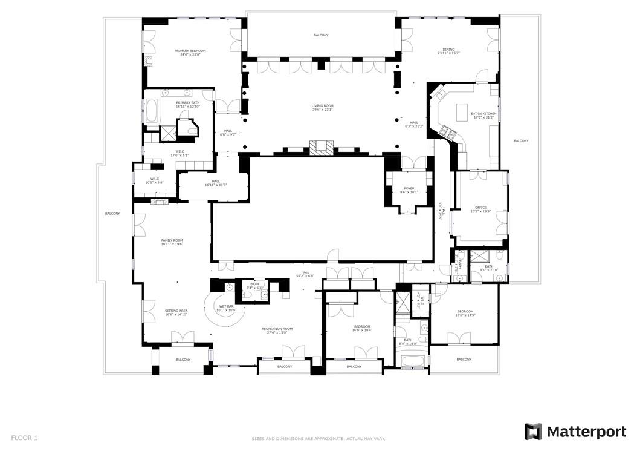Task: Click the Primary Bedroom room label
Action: (x=190, y=53)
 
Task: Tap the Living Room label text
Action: (x=322, y=107)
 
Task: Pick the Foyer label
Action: (x=409, y=190)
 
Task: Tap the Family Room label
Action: (x=172, y=242)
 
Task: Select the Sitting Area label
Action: (x=176, y=312)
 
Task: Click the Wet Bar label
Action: (x=227, y=308)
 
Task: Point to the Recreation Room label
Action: (x=277, y=330)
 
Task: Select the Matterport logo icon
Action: (x=532, y=431)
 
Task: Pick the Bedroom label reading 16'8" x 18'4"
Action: (x=361, y=328)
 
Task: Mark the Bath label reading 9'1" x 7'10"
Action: (x=488, y=268)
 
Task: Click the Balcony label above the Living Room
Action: (x=321, y=35)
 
